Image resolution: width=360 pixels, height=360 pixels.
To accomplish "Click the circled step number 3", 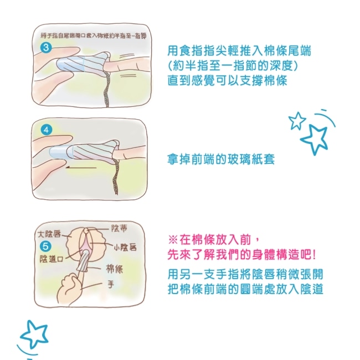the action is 46,48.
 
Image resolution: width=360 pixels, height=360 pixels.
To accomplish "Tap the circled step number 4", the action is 47,130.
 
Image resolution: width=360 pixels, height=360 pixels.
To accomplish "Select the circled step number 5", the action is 45,246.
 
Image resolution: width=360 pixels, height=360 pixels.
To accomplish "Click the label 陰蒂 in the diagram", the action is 119,228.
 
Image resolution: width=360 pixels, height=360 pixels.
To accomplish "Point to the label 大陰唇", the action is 49,234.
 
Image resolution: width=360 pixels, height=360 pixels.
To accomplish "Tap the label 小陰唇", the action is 125,247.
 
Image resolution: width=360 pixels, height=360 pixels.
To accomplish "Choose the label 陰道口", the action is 52,259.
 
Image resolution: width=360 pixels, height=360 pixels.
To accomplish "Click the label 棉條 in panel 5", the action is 114,269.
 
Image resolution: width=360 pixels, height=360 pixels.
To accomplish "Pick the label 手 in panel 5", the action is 111,285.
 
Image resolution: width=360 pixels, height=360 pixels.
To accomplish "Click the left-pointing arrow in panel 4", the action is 81,168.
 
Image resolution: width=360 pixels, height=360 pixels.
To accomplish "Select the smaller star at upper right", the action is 297,120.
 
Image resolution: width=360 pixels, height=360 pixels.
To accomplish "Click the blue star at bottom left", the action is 35,334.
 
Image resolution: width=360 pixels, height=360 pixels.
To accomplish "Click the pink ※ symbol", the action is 173,240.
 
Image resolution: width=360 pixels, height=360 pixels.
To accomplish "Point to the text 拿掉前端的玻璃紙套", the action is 221,160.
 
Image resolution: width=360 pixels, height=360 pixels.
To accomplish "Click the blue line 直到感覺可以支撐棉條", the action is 227,80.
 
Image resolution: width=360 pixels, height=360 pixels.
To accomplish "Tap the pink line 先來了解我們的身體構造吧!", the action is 242,255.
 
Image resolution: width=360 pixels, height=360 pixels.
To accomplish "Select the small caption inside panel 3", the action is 94,36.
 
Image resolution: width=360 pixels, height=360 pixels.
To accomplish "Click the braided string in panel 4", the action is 115,177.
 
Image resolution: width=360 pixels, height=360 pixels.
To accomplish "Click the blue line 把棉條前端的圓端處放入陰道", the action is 245,289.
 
